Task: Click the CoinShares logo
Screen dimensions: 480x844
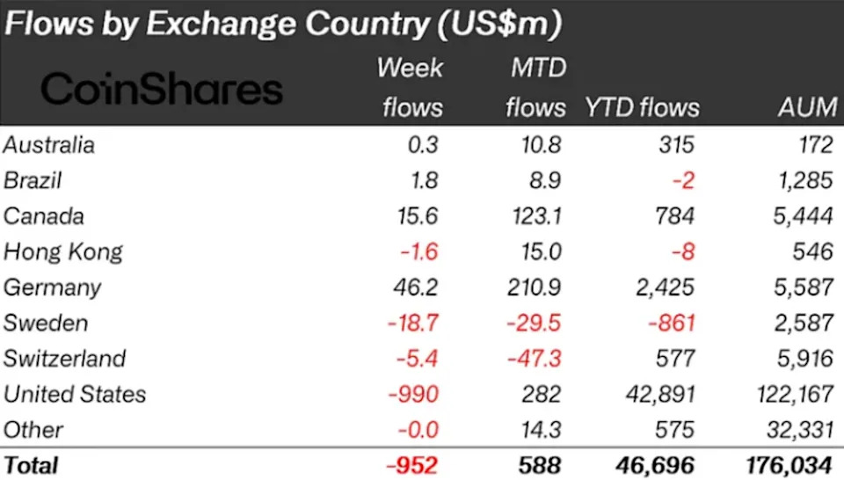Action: coord(162,89)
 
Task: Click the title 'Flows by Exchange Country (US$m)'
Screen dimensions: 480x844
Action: coord(281,24)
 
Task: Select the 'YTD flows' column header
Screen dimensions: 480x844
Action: coord(642,107)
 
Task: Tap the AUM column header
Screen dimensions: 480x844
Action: coord(807,107)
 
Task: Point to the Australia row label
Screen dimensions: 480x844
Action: coord(49,144)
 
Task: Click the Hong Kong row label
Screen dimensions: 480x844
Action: coord(63,251)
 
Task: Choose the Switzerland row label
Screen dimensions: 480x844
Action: coord(65,359)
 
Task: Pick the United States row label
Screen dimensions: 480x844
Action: coord(75,394)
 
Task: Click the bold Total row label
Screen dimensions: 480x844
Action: coord(31,464)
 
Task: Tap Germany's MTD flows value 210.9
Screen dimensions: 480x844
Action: coord(535,287)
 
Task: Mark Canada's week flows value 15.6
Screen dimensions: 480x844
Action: coord(418,216)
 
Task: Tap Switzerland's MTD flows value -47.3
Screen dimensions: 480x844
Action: coord(535,359)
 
